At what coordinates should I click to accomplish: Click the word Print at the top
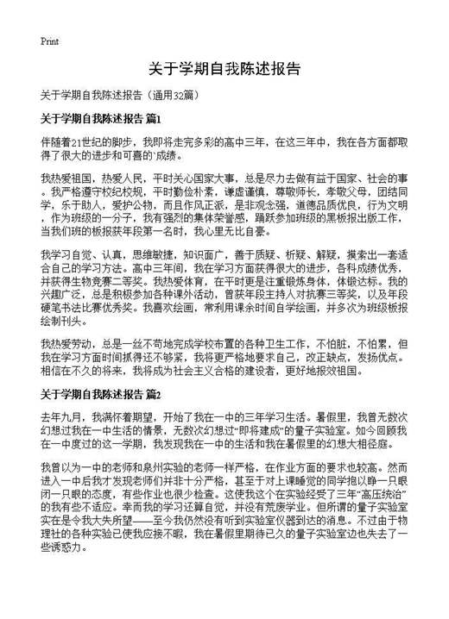click(49, 41)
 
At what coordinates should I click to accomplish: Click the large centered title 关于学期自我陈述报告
click(224, 69)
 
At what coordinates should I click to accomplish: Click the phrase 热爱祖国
click(67, 178)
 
